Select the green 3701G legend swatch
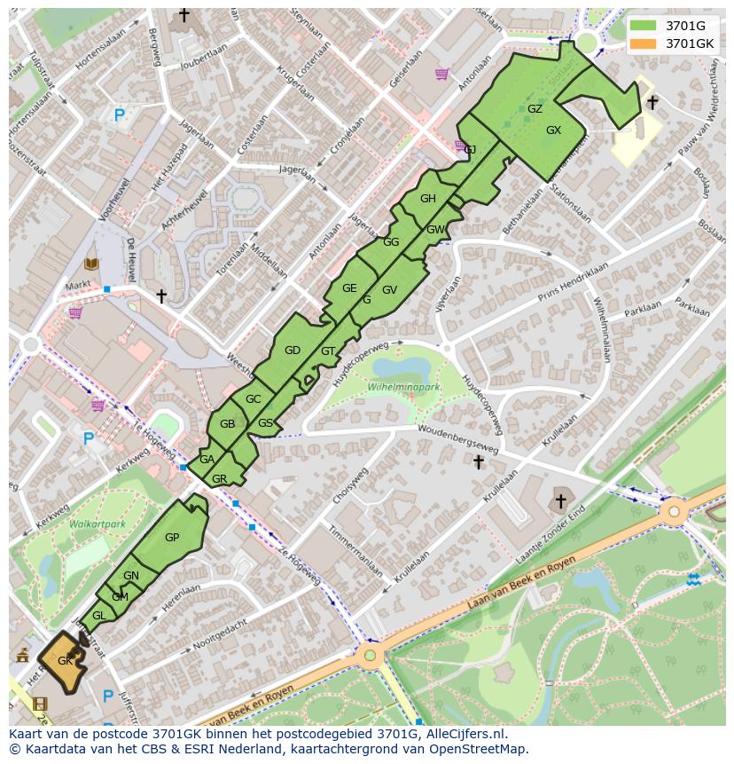644,25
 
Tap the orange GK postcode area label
65,661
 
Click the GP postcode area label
172,537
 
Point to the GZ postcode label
535,109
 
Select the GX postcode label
553,130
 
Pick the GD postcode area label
293,350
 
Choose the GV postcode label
389,290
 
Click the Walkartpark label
98,524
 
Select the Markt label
78,286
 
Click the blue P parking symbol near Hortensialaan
119,114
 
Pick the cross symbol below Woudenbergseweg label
479,461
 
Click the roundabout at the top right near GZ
586,43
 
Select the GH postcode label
428,199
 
